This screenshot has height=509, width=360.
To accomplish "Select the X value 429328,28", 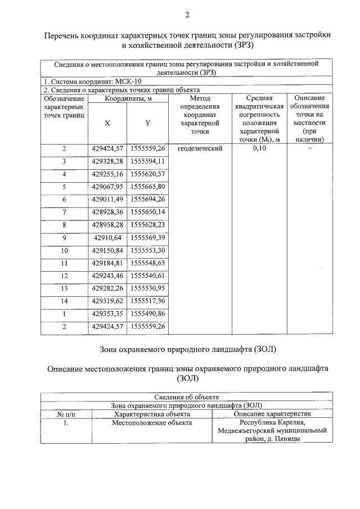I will click(107, 161).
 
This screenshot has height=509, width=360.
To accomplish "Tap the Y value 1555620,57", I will click(147, 174).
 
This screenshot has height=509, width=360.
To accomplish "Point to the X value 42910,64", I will click(107, 237).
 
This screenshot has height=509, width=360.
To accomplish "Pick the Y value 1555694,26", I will click(147, 199).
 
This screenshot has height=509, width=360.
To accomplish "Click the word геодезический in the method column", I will click(200, 148).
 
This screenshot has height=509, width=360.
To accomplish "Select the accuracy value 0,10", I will click(259, 148).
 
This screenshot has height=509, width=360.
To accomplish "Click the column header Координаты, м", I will click(128, 98).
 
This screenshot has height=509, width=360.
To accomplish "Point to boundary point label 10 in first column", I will click(64, 250).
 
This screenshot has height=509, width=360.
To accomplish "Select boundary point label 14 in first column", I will click(64, 300).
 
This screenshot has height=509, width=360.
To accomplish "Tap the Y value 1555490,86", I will click(147, 313).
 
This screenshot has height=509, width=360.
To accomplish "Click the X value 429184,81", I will click(107, 262).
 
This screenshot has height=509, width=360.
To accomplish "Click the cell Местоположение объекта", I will click(152, 422).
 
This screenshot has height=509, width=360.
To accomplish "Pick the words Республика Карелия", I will click(272, 422).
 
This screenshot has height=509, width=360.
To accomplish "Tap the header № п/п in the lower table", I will click(66, 413).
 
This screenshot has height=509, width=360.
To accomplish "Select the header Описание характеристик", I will click(272, 413).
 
